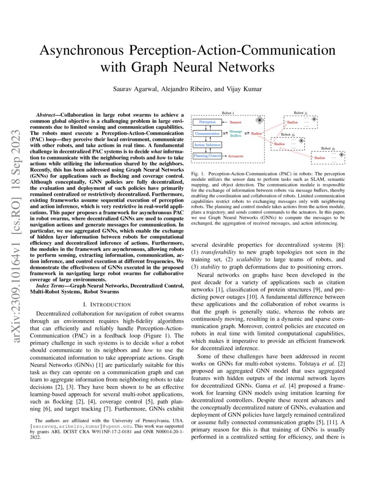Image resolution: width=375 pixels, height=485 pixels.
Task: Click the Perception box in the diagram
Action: coord(207,121)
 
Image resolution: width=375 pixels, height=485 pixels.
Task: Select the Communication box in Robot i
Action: coord(207,133)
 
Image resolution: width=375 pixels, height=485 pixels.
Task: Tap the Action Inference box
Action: coord(207,145)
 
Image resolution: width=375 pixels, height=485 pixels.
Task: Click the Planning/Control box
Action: coord(207,156)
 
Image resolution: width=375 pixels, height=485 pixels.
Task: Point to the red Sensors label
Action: coord(239,121)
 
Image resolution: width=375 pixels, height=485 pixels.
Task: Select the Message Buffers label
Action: coord(236,134)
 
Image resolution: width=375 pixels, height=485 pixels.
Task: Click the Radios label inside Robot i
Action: coord(257,133)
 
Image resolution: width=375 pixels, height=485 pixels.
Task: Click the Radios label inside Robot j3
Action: coord(320,157)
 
